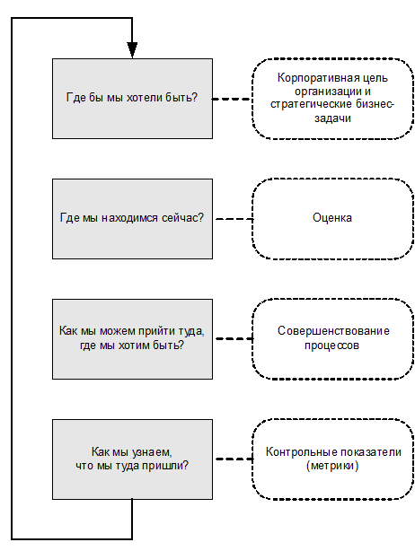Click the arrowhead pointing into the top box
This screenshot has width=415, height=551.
tap(132, 50)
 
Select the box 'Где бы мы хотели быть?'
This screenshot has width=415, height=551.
tap(132, 99)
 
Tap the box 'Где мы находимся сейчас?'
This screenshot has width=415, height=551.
tap(132, 219)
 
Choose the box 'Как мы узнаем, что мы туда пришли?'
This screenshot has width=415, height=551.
tap(132, 459)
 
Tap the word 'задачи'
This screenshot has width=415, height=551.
tap(332, 118)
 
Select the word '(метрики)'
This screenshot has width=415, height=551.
tap(332, 466)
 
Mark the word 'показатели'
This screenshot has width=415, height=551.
tap(371, 452)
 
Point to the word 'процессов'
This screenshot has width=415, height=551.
tap(332, 345)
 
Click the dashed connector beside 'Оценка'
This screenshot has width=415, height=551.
tap(234, 219)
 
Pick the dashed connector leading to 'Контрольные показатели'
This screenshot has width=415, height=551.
tap(234, 459)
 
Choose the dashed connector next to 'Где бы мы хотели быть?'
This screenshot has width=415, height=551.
tap(232, 99)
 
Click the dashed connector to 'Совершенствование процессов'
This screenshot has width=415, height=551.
tap(234, 338)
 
